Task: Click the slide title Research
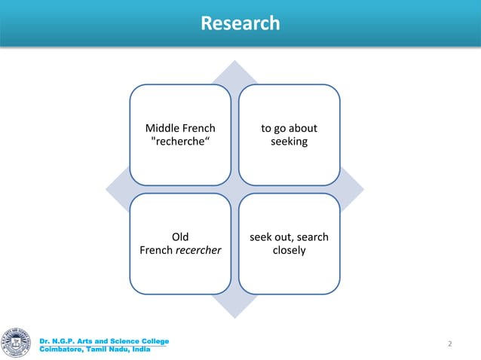tap(240, 23)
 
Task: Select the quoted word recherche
tap(180, 142)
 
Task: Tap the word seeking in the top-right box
tap(289, 142)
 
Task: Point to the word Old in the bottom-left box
tap(180, 237)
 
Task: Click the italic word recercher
tap(198, 251)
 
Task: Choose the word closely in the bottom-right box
tap(289, 251)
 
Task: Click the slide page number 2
tap(450, 344)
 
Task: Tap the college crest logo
tap(17, 343)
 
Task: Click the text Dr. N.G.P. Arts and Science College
tap(104, 342)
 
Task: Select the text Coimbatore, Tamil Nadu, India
tap(94, 349)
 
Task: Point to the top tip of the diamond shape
tap(234, 63)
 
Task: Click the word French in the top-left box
tap(198, 129)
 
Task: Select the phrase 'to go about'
tap(289, 129)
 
